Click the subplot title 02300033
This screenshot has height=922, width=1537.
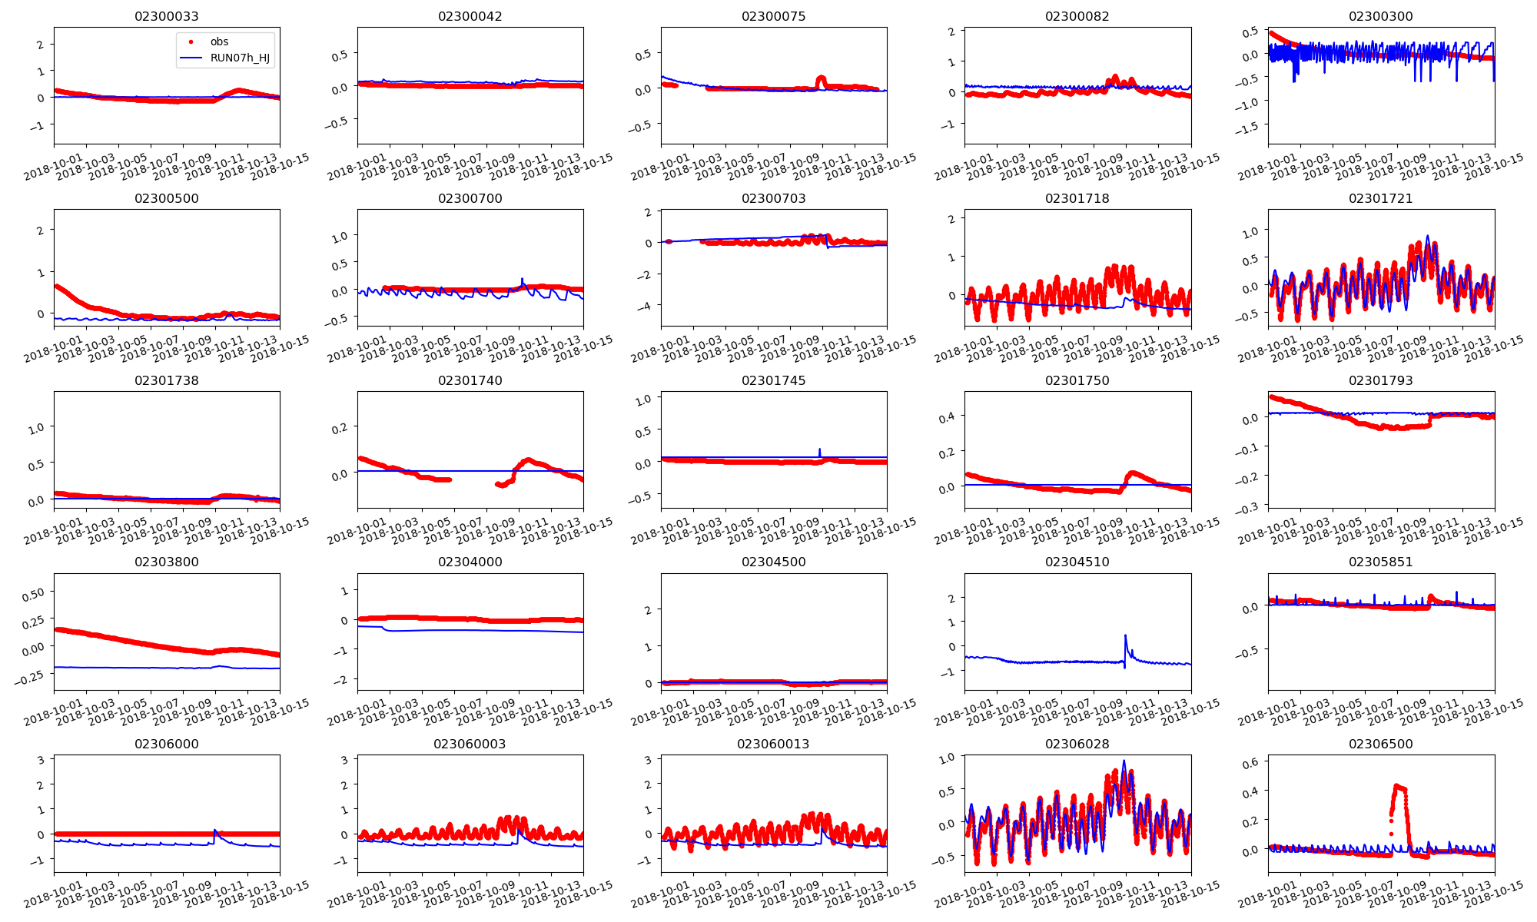point(166,16)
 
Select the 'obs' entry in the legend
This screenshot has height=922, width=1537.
point(219,41)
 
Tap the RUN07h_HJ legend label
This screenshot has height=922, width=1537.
point(240,58)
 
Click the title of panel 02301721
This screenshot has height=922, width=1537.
point(1380,198)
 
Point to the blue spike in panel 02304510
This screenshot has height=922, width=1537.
point(1125,636)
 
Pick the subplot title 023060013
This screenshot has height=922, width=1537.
point(773,744)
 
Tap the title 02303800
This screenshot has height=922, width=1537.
point(166,562)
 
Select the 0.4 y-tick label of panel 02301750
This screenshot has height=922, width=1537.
point(947,416)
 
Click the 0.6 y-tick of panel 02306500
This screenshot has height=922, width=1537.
point(1250,762)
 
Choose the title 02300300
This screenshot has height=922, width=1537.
point(1380,16)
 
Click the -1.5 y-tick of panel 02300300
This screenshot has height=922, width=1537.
point(1248,127)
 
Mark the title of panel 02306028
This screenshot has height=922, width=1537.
point(1077,744)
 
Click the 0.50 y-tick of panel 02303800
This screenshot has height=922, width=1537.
point(33,593)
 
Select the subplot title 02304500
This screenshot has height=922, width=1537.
point(773,562)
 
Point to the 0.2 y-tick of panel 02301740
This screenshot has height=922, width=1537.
point(340,428)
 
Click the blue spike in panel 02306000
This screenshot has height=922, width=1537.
point(214,831)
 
